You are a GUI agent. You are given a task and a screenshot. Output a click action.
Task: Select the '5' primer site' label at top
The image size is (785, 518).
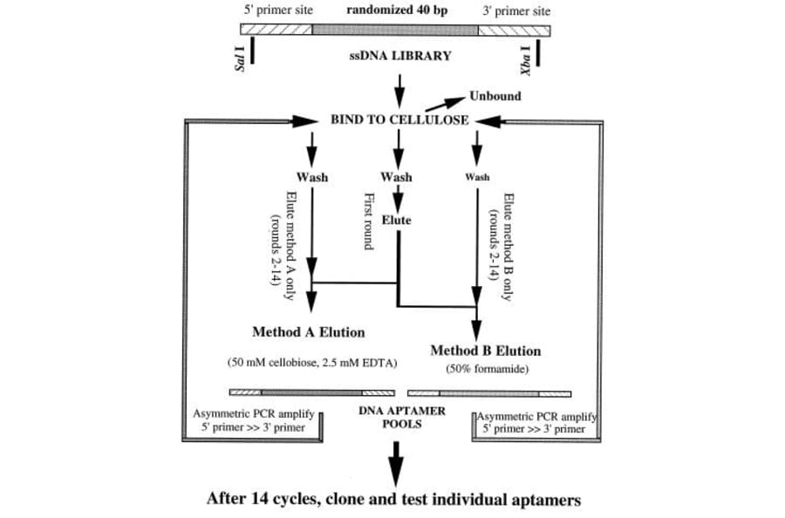point(276,10)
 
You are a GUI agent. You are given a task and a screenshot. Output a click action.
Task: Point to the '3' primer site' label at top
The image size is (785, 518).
point(516,11)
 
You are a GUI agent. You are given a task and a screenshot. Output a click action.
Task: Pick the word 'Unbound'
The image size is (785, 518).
point(495,96)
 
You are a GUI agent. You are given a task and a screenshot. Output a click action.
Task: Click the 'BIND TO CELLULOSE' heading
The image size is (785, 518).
point(399,119)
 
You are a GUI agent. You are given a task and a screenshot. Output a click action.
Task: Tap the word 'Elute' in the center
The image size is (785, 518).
point(397,221)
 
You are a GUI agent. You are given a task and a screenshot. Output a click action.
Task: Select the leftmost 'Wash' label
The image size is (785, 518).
point(312,177)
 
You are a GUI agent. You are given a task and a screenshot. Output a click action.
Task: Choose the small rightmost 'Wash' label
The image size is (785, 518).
point(477,176)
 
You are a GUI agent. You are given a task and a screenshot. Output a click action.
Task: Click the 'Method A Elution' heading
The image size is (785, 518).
point(308,331)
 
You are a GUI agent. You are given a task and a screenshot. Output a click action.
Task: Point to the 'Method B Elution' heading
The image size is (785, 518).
point(485,351)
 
